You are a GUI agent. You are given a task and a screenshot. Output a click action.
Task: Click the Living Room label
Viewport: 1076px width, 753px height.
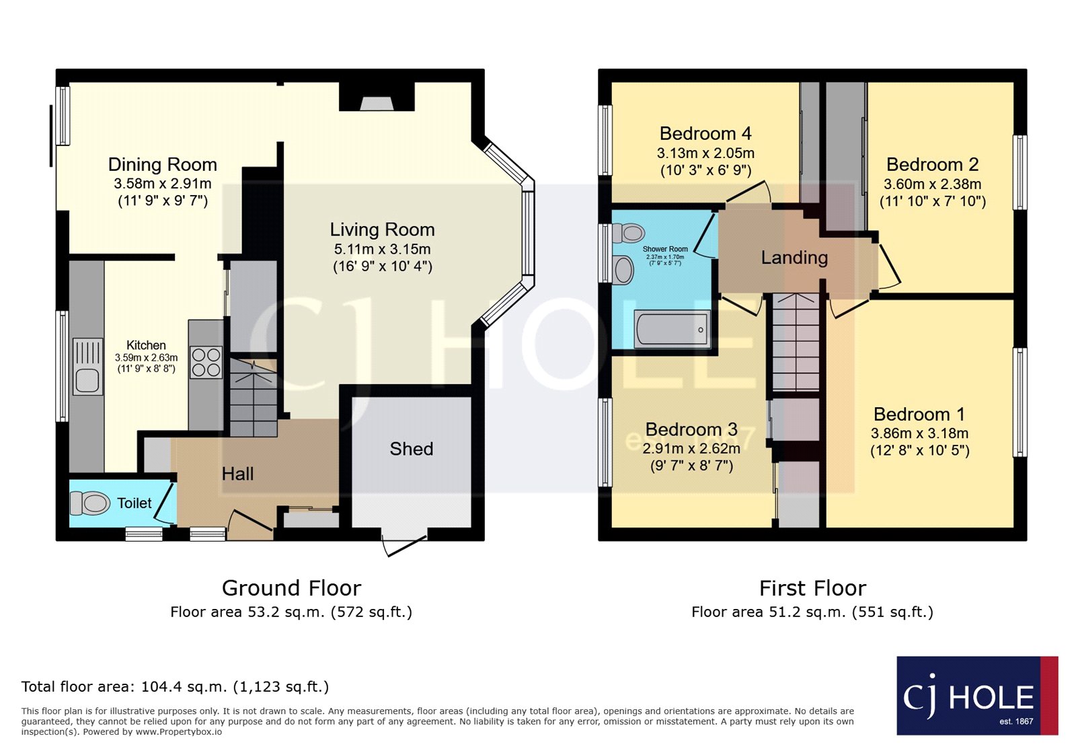pyautogui.click(x=382, y=230)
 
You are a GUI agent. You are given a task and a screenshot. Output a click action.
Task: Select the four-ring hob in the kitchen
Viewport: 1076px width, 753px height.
pyautogui.click(x=206, y=362)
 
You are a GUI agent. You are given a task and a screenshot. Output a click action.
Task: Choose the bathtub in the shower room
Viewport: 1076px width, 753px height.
pyautogui.click(x=672, y=329)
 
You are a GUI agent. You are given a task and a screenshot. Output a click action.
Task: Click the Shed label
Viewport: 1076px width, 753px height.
pyautogui.click(x=411, y=450)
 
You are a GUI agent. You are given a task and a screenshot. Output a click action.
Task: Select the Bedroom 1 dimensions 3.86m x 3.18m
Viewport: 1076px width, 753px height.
pyautogui.click(x=919, y=433)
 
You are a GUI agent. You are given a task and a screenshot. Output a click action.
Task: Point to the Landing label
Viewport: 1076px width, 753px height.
pyautogui.click(x=794, y=258)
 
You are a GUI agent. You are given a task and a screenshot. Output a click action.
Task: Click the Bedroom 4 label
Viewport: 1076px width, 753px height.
pyautogui.click(x=705, y=134)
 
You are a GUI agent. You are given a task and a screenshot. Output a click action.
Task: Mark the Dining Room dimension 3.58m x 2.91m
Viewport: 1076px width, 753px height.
pyautogui.click(x=162, y=184)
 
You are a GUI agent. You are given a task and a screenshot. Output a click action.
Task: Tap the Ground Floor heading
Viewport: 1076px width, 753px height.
pyautogui.click(x=291, y=588)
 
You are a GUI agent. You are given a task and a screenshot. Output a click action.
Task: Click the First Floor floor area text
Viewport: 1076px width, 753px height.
pyautogui.click(x=812, y=612)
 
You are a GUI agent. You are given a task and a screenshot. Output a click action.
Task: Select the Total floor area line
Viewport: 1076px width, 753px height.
pyautogui.click(x=175, y=687)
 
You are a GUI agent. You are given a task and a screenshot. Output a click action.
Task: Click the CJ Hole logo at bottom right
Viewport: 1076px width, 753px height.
pyautogui.click(x=976, y=696)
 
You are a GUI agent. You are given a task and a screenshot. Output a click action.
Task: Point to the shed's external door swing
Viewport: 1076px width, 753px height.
pyautogui.click(x=403, y=545)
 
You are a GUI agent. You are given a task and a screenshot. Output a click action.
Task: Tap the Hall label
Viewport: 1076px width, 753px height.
pyautogui.click(x=237, y=474)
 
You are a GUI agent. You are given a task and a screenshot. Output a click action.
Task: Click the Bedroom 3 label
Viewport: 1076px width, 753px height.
pyautogui.click(x=691, y=429)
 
